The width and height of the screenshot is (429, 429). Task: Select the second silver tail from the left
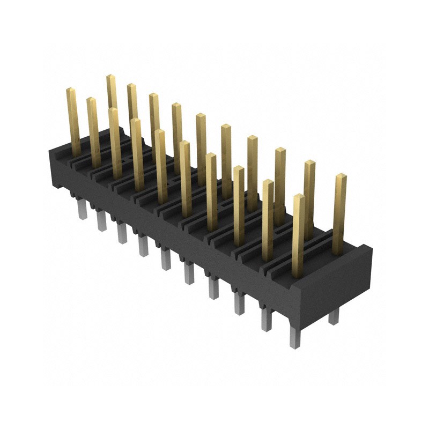pyautogui.click(x=101, y=220)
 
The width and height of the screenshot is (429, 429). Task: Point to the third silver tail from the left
pyautogui.click(x=121, y=233)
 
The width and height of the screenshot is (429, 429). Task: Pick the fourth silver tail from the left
pyautogui.click(x=143, y=246)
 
